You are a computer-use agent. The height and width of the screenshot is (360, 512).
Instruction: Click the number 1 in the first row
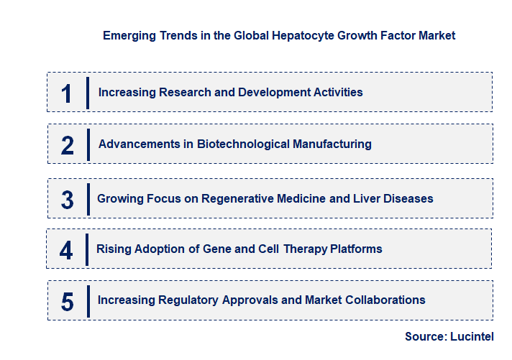coord(67,93)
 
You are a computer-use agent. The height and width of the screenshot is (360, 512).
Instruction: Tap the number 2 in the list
coord(68,145)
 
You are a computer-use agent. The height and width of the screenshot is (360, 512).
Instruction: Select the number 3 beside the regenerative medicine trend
coord(67,200)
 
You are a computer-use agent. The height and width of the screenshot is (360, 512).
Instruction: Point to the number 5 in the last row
coord(67,302)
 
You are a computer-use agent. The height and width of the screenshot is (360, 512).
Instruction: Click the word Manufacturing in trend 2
coord(332,144)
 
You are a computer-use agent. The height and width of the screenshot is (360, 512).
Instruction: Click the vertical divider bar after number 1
coord(87,93)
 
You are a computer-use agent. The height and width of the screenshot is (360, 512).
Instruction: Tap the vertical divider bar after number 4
coord(86,249)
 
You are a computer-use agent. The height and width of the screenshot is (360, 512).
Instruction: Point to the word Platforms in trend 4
coord(355,249)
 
